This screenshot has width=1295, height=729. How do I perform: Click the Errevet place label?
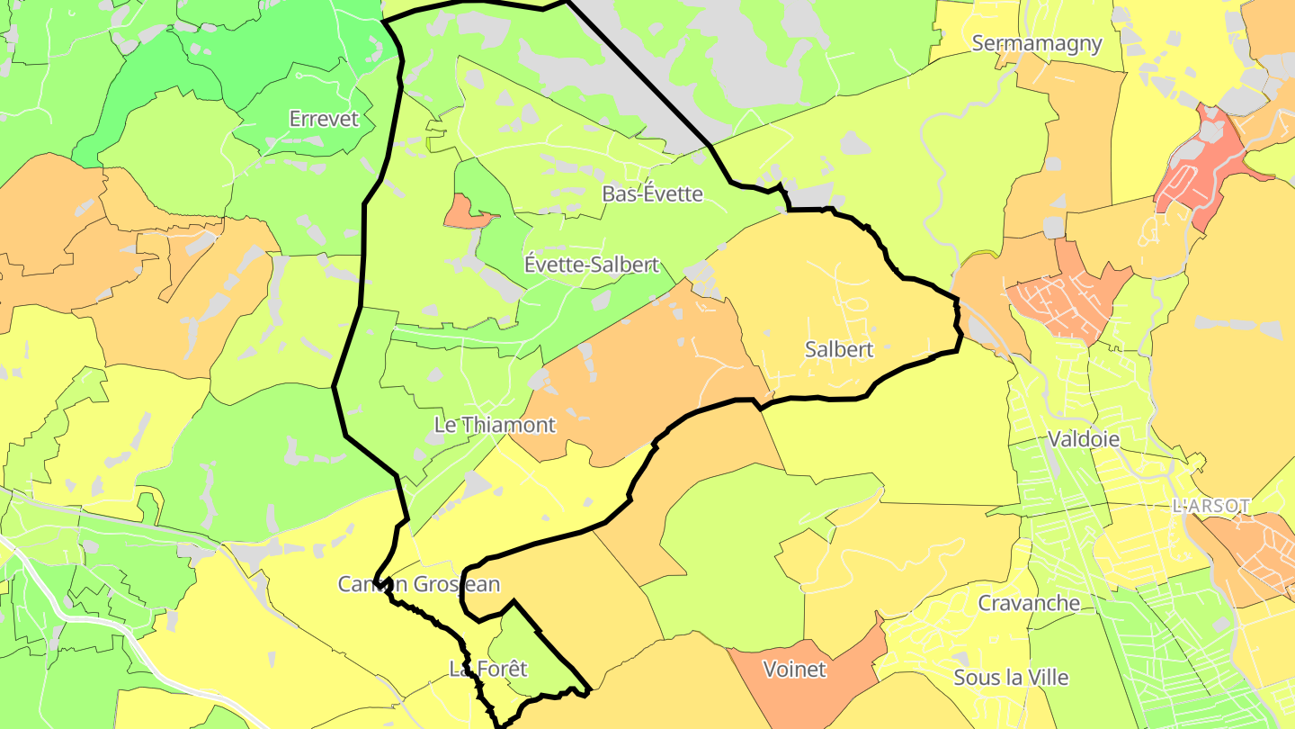pos(324,119)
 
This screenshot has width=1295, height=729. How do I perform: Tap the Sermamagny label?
pos(1037,44)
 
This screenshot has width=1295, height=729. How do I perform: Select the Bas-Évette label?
pos(652,193)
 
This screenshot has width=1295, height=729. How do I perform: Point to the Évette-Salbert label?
pos(592,265)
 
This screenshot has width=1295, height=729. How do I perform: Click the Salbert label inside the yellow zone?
pos(839,350)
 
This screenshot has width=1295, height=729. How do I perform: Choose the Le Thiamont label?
pos(495,425)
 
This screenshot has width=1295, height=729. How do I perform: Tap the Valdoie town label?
pos(1084,439)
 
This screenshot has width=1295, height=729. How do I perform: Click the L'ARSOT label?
pos(1211,506)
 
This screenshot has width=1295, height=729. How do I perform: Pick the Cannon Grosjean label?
pos(418,584)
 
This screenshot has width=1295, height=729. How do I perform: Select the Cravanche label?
pos(1029,603)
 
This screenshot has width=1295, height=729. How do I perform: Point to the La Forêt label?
pos(487,669)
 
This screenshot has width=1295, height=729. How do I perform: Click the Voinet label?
pos(793,670)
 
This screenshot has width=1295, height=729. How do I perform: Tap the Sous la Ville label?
pos(1011,677)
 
